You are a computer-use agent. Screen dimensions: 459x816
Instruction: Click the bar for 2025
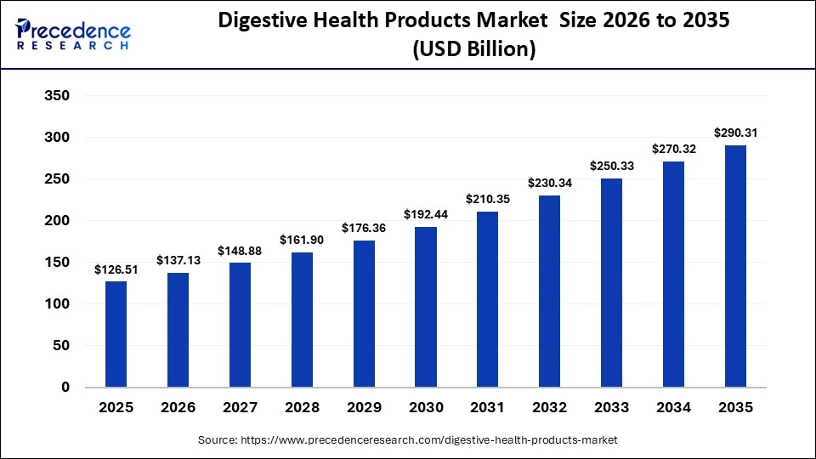116,334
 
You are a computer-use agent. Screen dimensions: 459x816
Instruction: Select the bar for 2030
425,307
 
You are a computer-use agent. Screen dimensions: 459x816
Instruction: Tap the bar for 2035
735,266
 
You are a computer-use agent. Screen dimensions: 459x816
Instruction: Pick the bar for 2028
302,320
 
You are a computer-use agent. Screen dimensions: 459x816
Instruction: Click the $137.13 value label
178,260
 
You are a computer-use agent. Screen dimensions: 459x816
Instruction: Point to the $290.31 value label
735,133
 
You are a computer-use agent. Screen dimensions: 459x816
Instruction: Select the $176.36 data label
364,228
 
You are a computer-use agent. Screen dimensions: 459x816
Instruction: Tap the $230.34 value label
549,183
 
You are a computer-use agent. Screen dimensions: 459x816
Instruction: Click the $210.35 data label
487,199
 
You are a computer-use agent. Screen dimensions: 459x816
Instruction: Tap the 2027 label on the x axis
240,408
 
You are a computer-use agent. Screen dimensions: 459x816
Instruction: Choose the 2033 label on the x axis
611,408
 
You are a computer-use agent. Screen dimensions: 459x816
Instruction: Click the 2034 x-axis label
673,408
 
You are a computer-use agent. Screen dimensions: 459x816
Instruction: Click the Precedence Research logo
73,33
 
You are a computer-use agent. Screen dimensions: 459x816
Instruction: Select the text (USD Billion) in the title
473,49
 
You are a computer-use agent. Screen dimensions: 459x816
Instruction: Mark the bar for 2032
549,292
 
